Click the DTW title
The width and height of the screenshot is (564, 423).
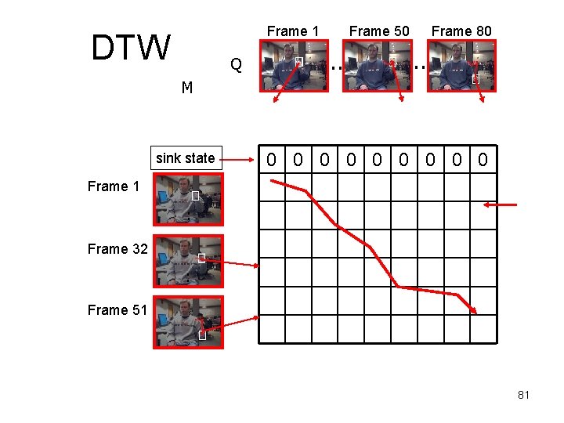(x=130, y=48)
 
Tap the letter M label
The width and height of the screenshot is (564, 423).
(x=187, y=87)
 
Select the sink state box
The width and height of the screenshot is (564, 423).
(x=185, y=158)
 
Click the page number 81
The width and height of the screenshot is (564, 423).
(x=523, y=395)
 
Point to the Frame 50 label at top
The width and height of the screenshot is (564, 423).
(x=379, y=31)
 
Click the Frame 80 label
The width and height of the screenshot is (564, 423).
(x=461, y=31)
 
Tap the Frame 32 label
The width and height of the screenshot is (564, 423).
(x=118, y=249)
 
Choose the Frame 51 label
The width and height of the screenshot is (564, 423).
(x=117, y=310)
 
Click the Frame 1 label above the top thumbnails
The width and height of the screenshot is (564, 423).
(x=293, y=31)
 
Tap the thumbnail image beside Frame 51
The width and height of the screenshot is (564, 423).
(x=188, y=322)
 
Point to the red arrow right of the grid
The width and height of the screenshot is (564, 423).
(x=500, y=204)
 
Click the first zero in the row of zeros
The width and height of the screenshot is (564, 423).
(x=271, y=161)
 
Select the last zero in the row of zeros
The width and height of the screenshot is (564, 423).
(x=483, y=161)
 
